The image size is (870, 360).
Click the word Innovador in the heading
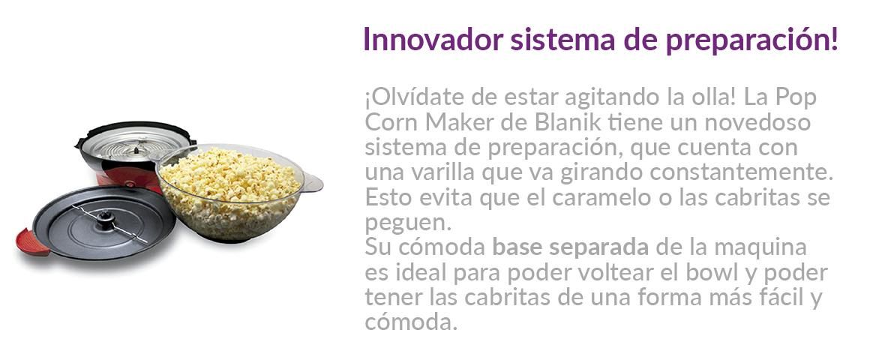tap(434, 40)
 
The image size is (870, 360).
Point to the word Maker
tap(463, 122)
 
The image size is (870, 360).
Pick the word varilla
tap(441, 172)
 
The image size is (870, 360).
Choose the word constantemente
tap(741, 172)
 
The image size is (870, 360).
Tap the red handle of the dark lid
tap(32, 242)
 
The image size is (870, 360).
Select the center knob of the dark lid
tap(105, 220)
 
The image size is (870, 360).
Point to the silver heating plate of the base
tap(133, 143)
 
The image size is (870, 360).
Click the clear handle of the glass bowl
tap(313, 182)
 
